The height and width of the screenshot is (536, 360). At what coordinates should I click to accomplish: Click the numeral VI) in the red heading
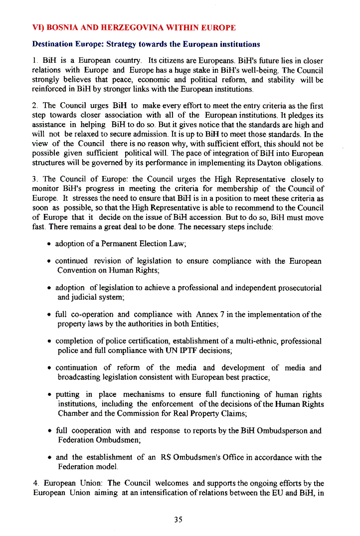coord(38,27)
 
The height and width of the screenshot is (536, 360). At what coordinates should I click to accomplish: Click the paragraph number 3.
coord(34,179)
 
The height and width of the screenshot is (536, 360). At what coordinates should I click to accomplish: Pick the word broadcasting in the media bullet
coord(79,377)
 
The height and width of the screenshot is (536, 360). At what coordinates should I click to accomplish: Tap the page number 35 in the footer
coord(179,520)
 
